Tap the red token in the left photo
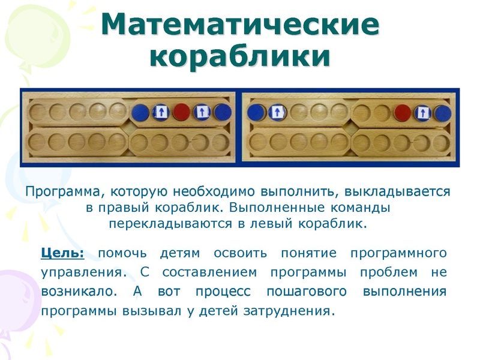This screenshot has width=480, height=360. tap(181, 112)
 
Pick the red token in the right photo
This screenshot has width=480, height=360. tap(403, 112)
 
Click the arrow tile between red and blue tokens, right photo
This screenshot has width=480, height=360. tap(422, 112)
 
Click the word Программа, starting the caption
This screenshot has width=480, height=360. tap(59, 192)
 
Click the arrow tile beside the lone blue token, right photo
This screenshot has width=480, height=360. tap(277, 112)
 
